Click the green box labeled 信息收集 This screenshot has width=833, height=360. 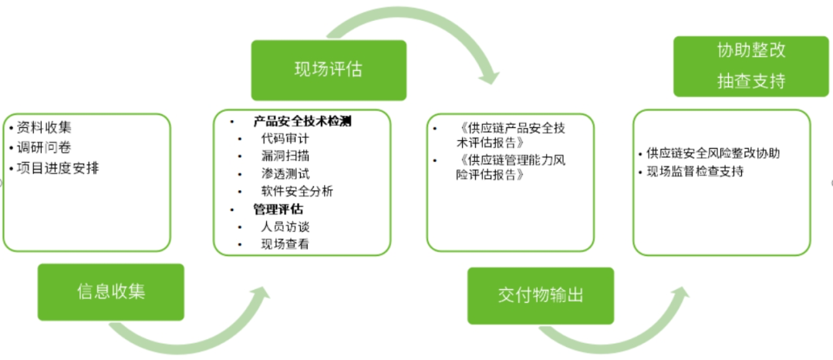click(111, 292)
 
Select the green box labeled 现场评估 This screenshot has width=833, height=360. click(328, 70)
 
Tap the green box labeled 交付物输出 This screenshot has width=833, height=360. click(540, 296)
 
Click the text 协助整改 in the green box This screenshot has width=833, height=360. click(750, 52)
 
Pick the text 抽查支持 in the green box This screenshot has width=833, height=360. click(750, 81)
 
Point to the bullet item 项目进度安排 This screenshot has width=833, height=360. click(53, 167)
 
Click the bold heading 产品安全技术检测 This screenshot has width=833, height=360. click(302, 122)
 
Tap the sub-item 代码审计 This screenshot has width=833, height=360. click(285, 140)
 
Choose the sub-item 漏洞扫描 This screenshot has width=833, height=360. click(285, 156)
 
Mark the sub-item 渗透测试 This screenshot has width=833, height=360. click(285, 174)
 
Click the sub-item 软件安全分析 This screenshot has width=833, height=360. click(297, 191)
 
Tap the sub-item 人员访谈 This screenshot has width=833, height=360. click(285, 227)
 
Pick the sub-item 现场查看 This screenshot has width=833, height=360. click(285, 244)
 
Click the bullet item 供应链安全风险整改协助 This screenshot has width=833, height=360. click(713, 153)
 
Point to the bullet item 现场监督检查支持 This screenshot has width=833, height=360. click(695, 171)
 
